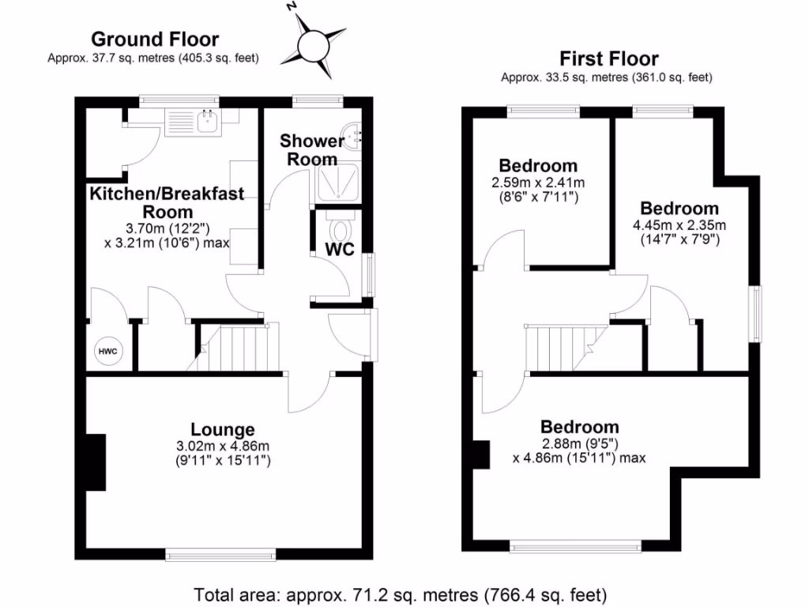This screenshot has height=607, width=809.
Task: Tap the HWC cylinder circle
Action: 107,351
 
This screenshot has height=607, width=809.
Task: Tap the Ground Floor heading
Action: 155,39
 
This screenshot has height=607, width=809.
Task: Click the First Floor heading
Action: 608,58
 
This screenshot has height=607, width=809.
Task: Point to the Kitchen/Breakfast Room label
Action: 167,202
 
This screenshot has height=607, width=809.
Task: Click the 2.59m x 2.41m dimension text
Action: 538,183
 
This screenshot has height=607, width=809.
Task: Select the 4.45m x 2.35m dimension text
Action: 679,225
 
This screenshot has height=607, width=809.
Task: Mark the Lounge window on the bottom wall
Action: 220,553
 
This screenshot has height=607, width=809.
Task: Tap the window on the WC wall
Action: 368,275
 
